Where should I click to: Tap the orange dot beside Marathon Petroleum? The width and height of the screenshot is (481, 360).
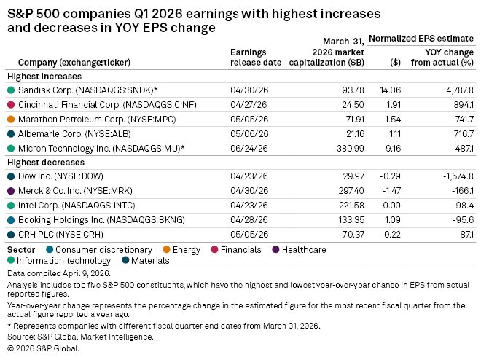(x=11, y=120)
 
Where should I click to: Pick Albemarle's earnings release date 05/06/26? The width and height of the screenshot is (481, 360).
(x=249, y=134)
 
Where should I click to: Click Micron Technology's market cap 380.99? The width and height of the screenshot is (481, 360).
(x=351, y=149)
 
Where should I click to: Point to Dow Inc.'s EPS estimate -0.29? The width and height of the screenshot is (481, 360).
(x=390, y=176)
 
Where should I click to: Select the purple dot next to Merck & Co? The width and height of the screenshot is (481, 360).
(x=11, y=191)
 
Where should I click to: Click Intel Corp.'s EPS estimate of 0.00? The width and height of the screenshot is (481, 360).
(x=391, y=206)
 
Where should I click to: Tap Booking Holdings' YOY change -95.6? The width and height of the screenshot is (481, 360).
(x=464, y=220)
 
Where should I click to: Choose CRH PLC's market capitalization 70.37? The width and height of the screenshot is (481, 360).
(x=353, y=235)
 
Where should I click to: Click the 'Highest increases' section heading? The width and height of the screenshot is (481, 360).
(x=44, y=77)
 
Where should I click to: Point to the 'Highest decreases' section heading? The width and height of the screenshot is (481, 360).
(x=46, y=163)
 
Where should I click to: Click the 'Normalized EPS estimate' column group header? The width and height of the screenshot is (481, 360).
(x=421, y=39)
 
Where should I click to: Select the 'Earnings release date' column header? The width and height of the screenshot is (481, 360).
(x=256, y=58)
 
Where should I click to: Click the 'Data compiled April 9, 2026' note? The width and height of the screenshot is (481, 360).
(x=59, y=273)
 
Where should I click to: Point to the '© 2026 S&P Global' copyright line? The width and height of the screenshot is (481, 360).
(x=43, y=348)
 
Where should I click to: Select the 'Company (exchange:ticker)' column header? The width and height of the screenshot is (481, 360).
(x=74, y=63)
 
